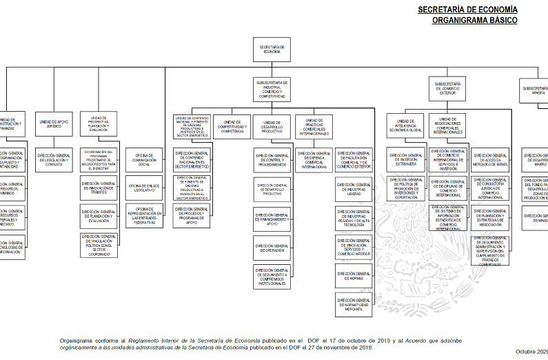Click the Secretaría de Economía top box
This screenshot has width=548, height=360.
pos(272,50)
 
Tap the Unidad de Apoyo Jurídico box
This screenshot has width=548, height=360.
pos(54,124)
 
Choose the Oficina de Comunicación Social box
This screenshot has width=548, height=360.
pos(144,159)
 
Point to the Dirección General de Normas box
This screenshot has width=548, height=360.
pos(354,276)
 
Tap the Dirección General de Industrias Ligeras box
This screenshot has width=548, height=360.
pos(354,189)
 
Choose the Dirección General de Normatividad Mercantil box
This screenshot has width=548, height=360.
pos(354,305)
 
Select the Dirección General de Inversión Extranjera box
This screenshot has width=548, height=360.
pos(405,159)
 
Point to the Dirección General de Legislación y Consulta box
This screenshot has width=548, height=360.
pos(54,159)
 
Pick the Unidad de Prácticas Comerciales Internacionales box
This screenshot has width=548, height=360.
pos(314,126)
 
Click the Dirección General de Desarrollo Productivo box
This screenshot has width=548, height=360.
pos(272,189)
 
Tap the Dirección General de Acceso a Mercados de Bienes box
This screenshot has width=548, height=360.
pos(490,159)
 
